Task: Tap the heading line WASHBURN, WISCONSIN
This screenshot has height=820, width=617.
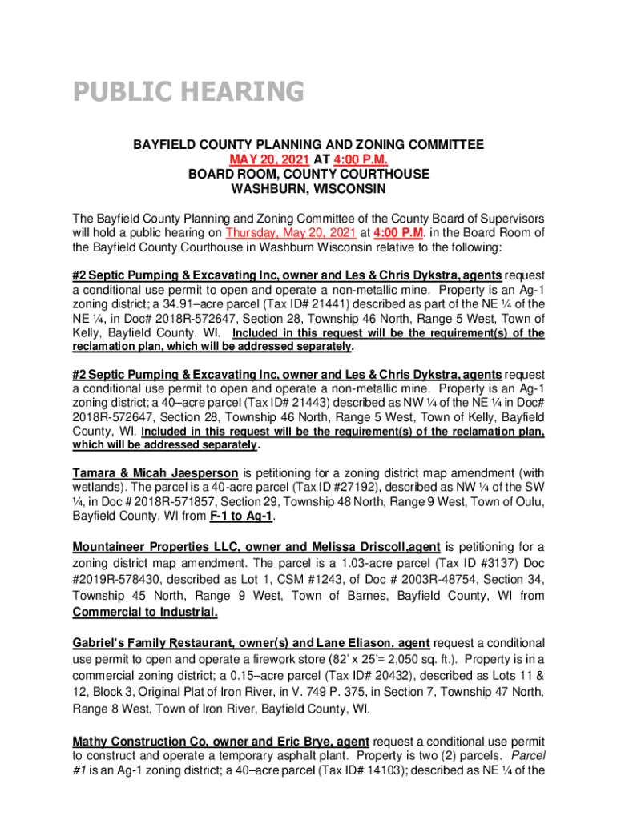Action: [x=308, y=189]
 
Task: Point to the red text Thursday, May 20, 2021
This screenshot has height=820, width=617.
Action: [x=291, y=233]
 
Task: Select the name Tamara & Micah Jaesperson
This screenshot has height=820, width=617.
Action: [x=155, y=472]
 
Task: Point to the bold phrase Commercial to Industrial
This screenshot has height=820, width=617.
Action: [x=145, y=613]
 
